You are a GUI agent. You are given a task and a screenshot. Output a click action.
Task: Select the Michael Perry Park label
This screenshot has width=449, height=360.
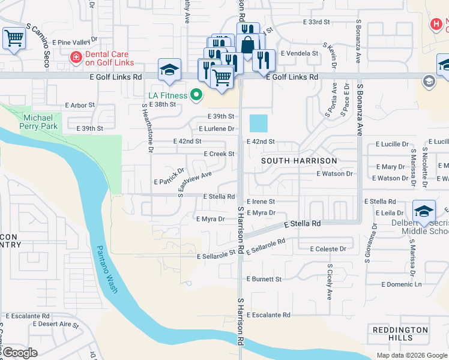pyautogui.click(x=41, y=122)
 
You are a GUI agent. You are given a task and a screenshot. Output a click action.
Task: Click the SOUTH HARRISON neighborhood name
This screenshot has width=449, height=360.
pyautogui.click(x=299, y=161)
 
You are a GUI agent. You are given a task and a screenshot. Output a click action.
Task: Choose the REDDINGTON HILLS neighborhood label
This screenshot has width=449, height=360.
pyautogui.click(x=400, y=334)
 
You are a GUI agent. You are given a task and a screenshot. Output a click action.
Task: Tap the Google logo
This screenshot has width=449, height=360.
pyautogui.click(x=20, y=353)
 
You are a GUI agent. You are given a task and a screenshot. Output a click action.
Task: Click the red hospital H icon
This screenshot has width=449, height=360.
pyautogui.click(x=437, y=24)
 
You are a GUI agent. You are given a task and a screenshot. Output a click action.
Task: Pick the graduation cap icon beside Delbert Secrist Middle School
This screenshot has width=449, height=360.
pyautogui.click(x=424, y=211)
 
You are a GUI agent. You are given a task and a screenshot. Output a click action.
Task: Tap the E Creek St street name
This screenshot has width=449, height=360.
pyautogui.click(x=218, y=154)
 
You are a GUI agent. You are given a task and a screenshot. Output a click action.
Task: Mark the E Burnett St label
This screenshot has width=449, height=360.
pyautogui.click(x=264, y=279)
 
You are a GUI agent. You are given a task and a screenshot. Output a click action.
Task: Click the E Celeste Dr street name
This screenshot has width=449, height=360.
pyautogui.click(x=328, y=248)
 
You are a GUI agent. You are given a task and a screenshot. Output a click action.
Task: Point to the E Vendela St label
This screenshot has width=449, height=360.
pyautogui.click(x=299, y=53)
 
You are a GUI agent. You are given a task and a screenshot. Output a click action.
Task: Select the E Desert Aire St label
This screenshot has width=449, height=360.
pyautogui.click(x=56, y=324)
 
